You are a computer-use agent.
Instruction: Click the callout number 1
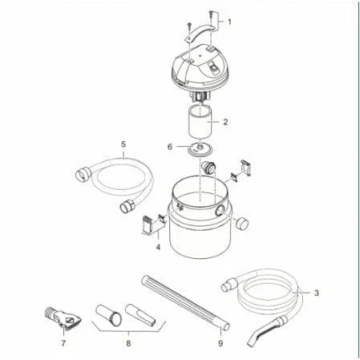click(x=229, y=22)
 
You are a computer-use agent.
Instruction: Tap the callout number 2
click(x=225, y=122)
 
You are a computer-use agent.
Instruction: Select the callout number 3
click(x=317, y=293)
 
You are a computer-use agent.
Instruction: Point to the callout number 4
click(x=158, y=247)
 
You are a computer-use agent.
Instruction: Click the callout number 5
click(x=123, y=144)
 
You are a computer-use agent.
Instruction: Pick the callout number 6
click(x=170, y=147)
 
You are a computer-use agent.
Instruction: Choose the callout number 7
click(x=63, y=343)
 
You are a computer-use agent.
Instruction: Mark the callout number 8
click(x=128, y=343)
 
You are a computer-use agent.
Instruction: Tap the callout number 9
click(x=220, y=343)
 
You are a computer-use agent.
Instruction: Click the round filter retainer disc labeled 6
click(x=200, y=149)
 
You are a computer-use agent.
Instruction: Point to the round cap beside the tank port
click(x=242, y=224)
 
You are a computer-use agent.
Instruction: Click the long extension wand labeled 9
click(x=185, y=304)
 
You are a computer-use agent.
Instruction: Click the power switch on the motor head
click(x=212, y=67)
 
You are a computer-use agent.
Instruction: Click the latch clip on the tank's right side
click(x=245, y=168)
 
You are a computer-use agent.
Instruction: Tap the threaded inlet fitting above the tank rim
click(x=209, y=168)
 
